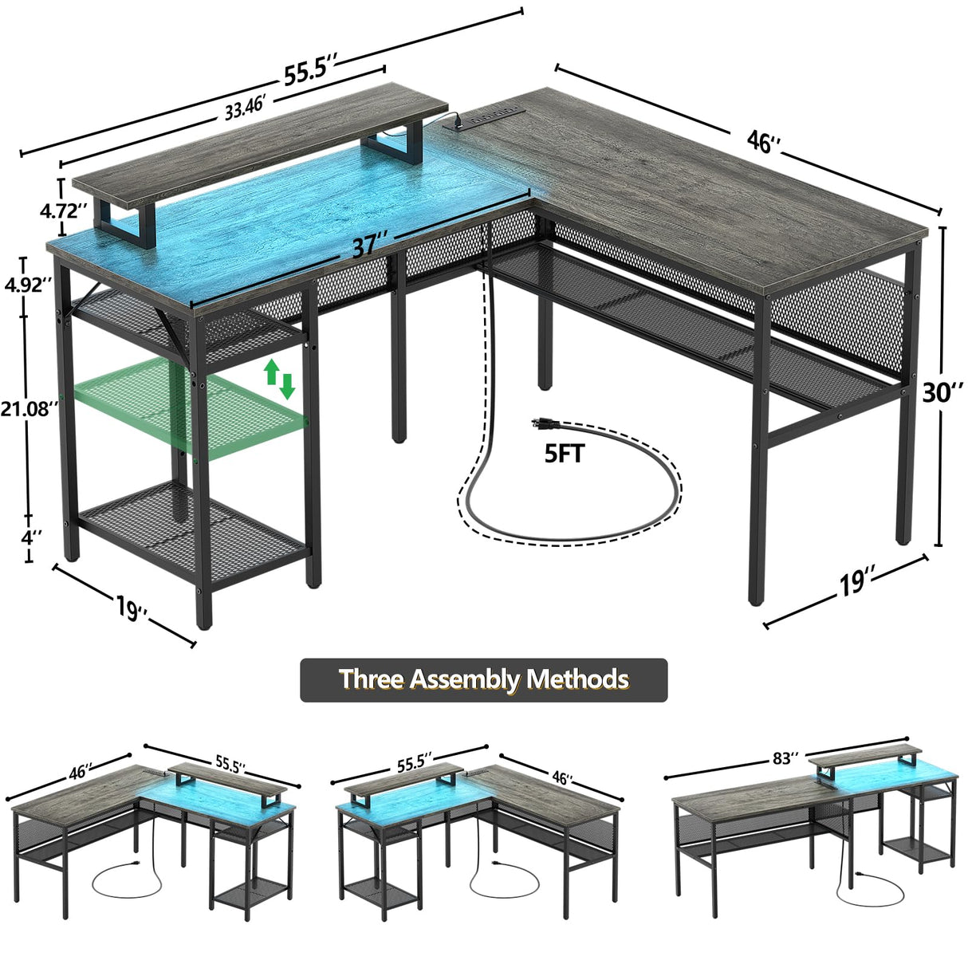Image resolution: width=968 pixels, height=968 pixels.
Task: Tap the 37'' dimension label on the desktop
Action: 370,244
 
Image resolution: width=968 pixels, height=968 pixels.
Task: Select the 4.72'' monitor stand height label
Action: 65,211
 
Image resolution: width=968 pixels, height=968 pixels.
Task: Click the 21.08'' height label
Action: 30,409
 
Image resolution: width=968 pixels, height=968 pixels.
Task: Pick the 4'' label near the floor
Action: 32,537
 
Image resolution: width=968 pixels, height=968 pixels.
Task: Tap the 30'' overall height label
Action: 944,392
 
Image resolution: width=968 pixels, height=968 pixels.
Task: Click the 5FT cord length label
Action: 565,454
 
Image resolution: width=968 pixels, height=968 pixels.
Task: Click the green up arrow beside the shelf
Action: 271,370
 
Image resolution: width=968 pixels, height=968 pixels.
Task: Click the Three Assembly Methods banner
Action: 483,679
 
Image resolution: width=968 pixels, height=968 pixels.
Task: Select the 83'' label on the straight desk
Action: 785,758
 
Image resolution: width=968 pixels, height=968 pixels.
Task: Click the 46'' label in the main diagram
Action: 762,142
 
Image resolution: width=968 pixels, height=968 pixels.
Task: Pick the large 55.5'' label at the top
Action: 311,73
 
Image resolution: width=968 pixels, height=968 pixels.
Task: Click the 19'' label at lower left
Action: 131,608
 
